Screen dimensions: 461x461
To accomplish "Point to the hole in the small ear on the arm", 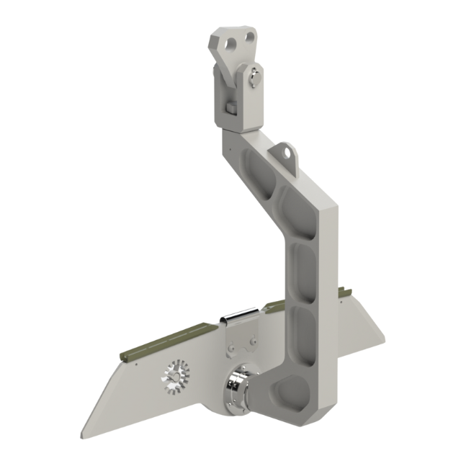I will (285, 152).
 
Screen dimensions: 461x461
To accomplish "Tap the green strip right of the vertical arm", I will (347, 291).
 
